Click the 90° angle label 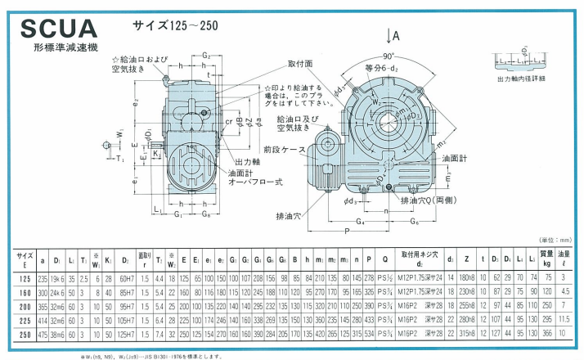point(389,56)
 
